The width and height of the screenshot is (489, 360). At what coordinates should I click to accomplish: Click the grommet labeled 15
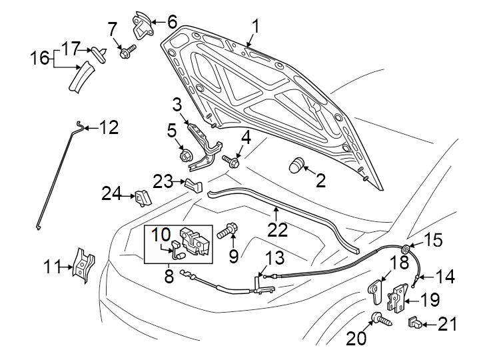coord(404,250)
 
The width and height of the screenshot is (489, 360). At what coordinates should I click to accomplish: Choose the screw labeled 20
coord(380,320)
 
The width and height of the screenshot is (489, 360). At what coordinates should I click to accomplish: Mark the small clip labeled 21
coord(414,324)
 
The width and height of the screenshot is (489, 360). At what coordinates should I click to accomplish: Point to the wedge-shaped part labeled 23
coord(192,184)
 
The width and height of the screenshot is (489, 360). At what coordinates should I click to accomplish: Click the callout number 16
coord(40,59)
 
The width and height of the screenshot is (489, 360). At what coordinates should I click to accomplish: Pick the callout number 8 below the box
coord(169,275)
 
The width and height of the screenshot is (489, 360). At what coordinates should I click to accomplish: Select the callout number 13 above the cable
coord(274,259)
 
